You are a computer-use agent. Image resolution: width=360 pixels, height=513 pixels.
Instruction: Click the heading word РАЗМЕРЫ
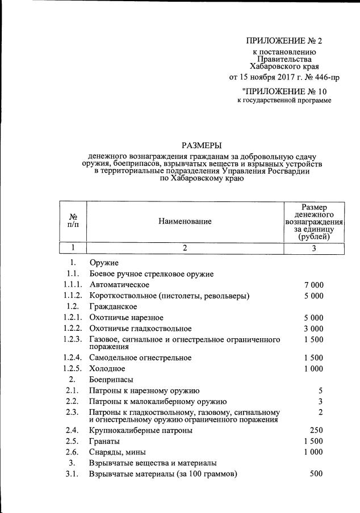point(201,145)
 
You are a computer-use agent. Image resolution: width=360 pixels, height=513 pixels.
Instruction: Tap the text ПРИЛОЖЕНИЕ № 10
point(284,91)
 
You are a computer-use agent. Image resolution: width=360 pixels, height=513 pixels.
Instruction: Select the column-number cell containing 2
point(185,248)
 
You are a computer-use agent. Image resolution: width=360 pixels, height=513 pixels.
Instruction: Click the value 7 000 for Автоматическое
point(313,285)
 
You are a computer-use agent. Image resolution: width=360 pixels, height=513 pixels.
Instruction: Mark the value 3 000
point(313,329)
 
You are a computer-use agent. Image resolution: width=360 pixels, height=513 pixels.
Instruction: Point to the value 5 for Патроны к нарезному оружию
point(320,390)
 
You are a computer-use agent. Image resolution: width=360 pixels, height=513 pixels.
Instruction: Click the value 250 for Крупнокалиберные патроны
point(317,431)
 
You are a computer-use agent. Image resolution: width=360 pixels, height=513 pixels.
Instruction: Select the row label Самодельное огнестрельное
point(140,358)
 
